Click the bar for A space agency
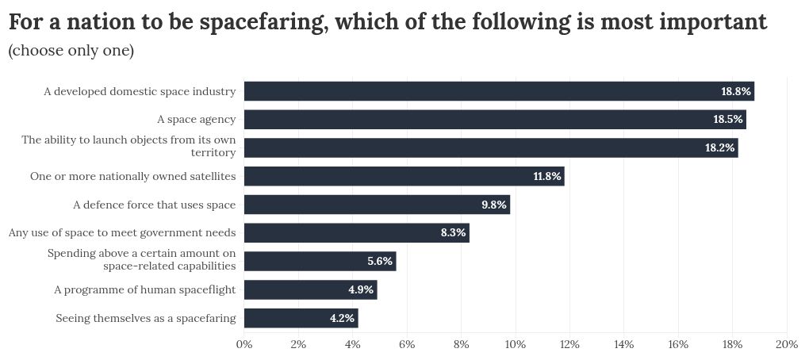[494, 120]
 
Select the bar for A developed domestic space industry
[498, 91]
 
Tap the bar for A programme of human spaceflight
[310, 289]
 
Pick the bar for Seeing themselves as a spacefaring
[301, 318]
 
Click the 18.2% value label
[719, 148]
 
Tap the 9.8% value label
[493, 205]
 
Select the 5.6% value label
[379, 262]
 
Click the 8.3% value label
[453, 233]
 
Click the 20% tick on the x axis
[786, 344]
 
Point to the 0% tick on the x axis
[244, 344]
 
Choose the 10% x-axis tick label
[516, 344]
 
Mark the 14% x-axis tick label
[623, 344]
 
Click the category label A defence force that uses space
[154, 205]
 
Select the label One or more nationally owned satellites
[132, 176]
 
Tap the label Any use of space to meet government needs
[121, 232]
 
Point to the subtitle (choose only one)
[71, 52]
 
